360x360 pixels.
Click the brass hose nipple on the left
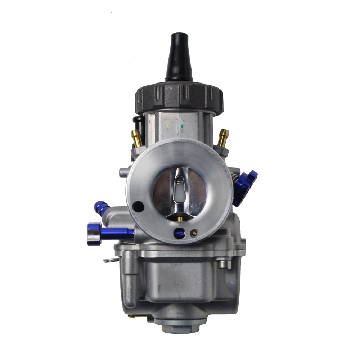pos(136,137)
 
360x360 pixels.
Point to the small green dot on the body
pos(183,126)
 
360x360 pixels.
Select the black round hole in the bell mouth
pos(138,206)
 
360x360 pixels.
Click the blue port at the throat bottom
pos(179,234)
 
